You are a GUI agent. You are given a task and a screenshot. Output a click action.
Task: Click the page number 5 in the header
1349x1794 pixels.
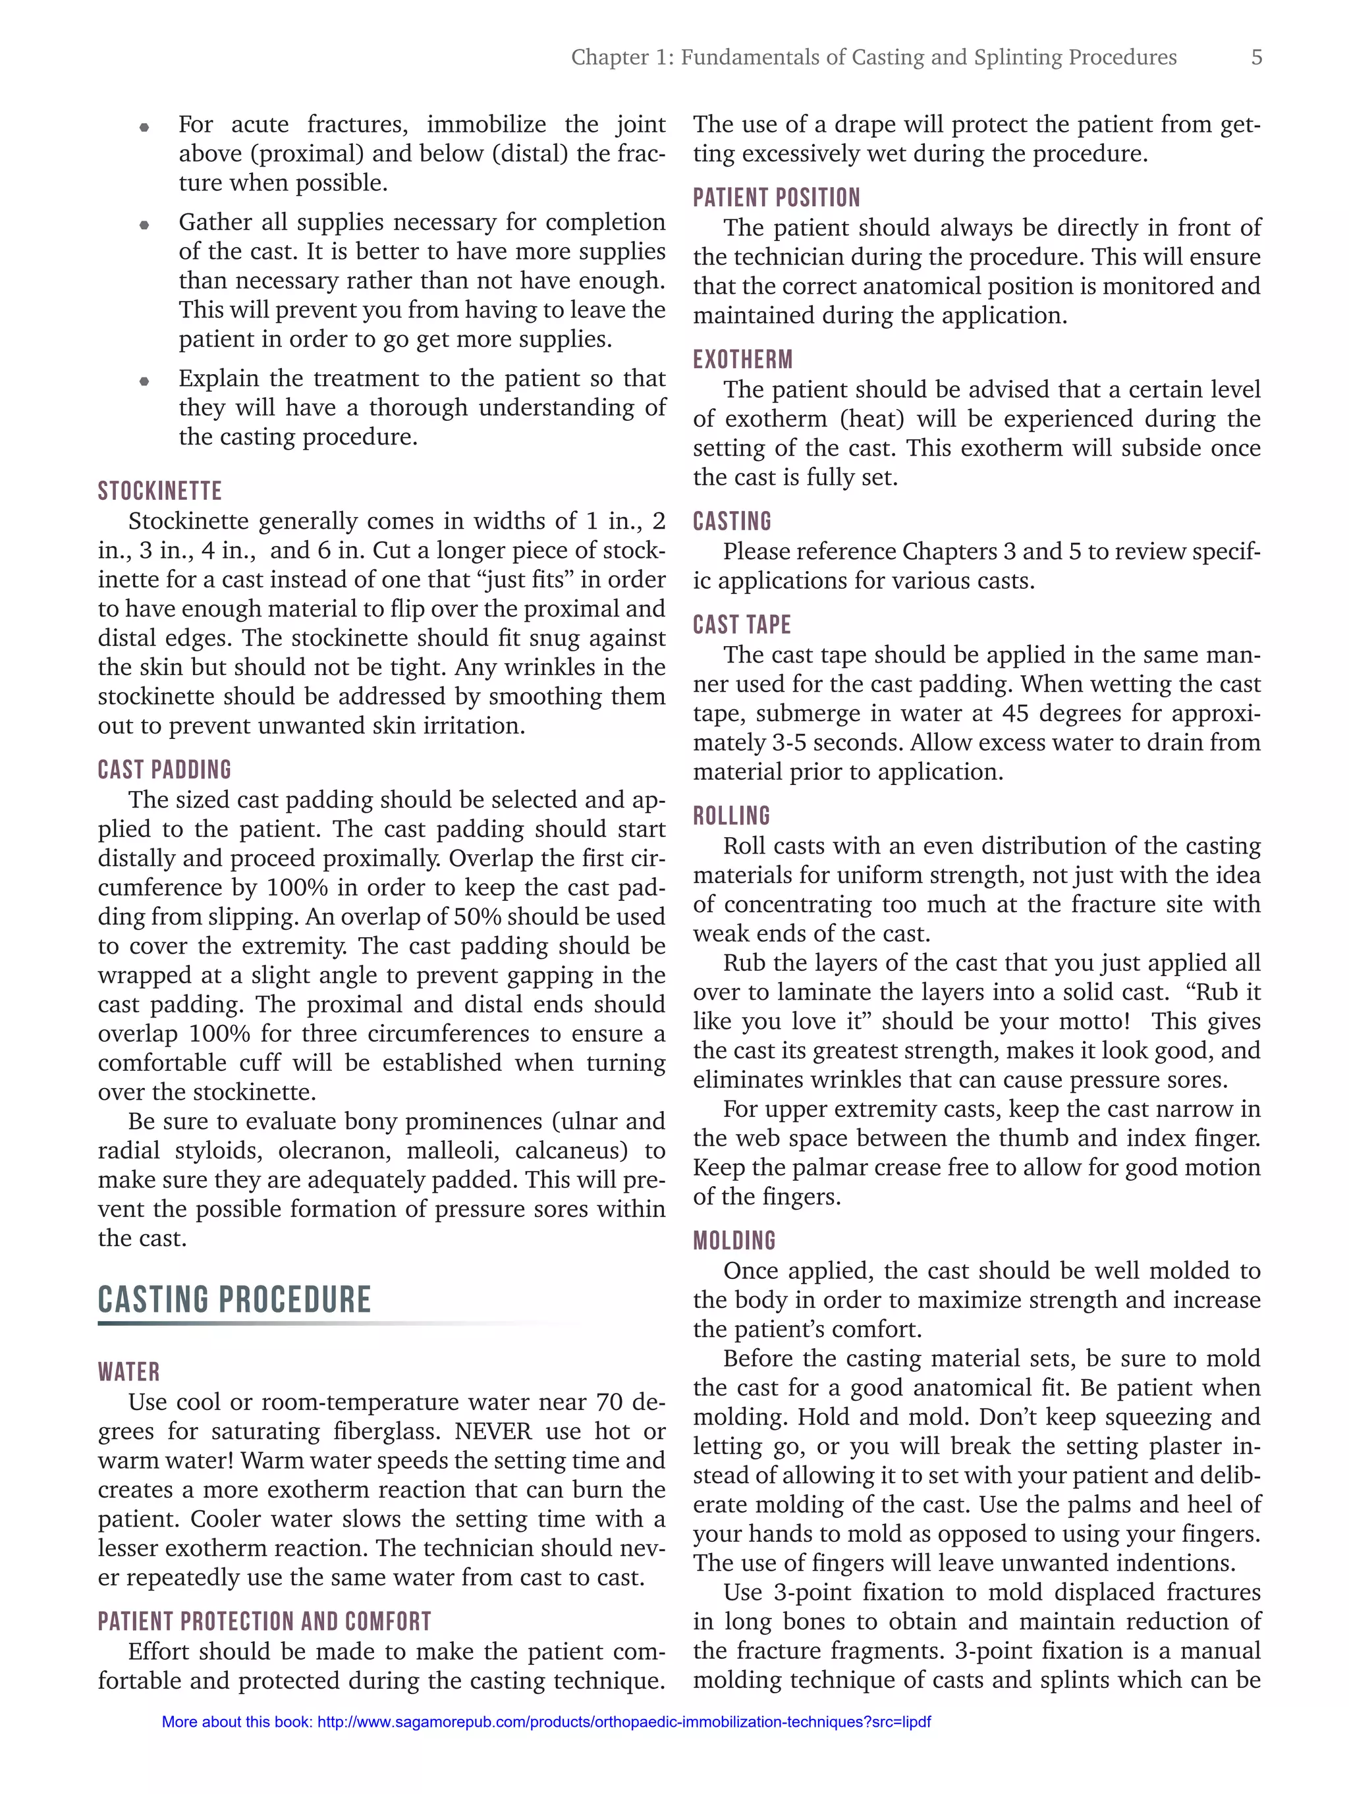[x=1255, y=57]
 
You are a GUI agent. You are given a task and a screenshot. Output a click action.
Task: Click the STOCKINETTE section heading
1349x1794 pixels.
[x=160, y=491]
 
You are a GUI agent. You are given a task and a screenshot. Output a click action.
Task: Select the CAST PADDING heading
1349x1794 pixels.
[x=165, y=770]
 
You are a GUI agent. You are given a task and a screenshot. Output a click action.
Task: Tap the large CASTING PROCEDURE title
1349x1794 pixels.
[x=234, y=1300]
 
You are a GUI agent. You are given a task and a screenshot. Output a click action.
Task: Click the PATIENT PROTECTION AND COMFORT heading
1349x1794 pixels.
[x=264, y=1621]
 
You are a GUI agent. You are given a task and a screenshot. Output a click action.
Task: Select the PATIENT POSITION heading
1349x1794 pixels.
[x=777, y=198]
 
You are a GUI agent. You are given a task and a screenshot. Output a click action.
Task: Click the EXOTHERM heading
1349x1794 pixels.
[x=742, y=360]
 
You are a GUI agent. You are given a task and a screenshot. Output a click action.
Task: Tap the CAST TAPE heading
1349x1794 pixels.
[x=742, y=624]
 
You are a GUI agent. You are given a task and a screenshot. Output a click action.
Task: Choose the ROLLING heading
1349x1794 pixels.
[x=731, y=816]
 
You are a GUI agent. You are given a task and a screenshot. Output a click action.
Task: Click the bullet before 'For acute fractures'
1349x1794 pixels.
[x=144, y=126]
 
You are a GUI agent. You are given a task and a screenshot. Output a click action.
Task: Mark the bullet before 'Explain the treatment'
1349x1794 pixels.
[x=144, y=381]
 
